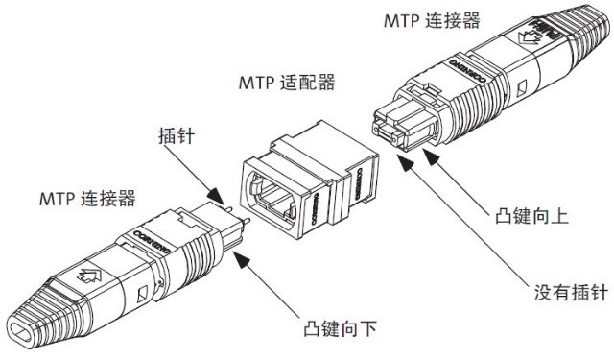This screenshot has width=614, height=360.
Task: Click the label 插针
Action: point(176,137)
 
